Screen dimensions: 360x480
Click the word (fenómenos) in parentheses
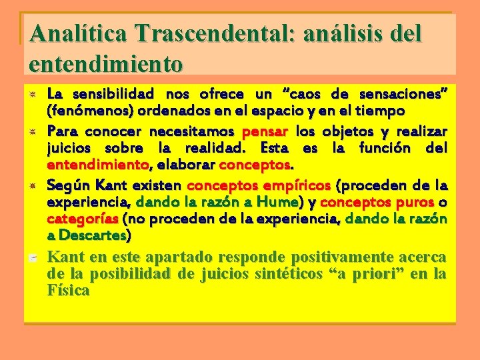[x=85, y=109]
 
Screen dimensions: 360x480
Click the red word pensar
[x=265, y=131]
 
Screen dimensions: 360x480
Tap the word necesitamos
[x=191, y=131]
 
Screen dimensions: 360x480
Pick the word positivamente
[x=306, y=257]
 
